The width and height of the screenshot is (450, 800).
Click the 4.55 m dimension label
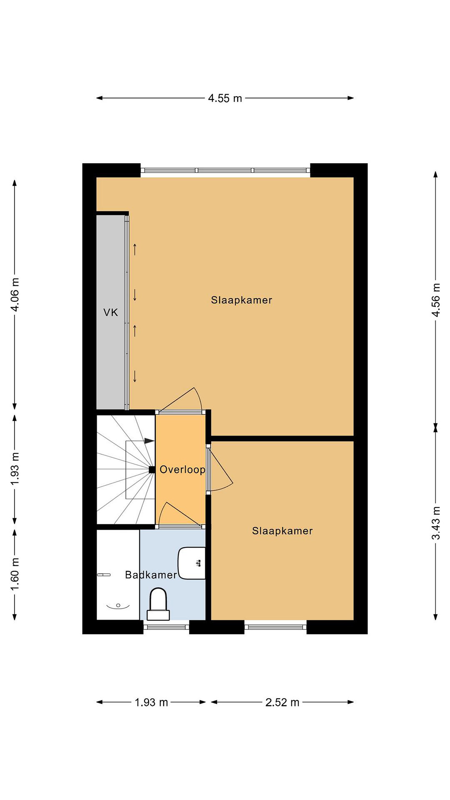(x=224, y=98)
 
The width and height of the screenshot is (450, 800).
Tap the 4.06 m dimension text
(x=15, y=294)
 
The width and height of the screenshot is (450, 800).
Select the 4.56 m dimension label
(x=436, y=300)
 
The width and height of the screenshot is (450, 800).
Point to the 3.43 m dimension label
(x=436, y=523)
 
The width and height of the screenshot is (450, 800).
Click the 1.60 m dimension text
(x=15, y=574)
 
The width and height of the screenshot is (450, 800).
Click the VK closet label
(x=111, y=312)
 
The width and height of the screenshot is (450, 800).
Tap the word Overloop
(x=182, y=469)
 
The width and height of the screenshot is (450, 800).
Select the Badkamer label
(x=151, y=575)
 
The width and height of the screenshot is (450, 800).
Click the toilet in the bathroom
(x=158, y=603)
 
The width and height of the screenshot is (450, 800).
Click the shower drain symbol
(x=118, y=605)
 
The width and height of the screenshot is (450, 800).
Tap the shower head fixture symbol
(x=104, y=575)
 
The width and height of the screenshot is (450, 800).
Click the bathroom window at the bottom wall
(x=166, y=627)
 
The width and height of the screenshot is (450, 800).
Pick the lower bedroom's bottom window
(x=276, y=627)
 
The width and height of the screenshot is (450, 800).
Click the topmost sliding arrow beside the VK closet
(x=135, y=249)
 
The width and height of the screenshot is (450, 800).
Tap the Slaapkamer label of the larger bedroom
(x=242, y=300)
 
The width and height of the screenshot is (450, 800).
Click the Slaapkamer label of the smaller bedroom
(x=282, y=531)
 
